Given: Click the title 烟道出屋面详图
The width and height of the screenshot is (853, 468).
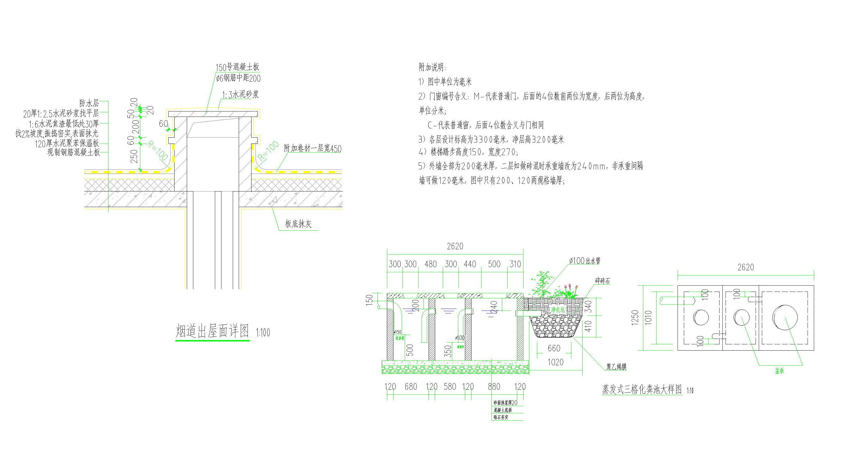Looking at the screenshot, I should click(212, 331).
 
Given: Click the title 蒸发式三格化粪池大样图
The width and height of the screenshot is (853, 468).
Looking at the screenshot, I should click(642, 389).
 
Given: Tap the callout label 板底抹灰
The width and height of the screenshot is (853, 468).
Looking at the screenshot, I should click(298, 224).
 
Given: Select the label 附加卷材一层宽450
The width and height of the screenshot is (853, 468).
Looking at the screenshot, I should click(313, 148).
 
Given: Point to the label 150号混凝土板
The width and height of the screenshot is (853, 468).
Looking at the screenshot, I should click(237, 67).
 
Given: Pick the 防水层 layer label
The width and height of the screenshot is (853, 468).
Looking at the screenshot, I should click(89, 103).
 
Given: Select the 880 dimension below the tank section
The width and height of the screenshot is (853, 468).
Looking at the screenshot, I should click(494, 387).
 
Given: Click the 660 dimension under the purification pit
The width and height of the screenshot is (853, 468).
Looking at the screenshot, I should click(554, 348).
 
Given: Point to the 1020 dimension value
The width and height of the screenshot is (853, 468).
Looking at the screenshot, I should click(555, 362).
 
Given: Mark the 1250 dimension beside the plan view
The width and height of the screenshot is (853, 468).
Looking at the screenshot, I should click(635, 317).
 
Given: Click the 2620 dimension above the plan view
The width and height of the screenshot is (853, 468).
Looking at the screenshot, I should click(745, 267).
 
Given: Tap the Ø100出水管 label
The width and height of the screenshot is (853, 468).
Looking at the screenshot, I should click(585, 261).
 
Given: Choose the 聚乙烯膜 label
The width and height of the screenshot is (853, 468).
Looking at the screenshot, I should click(616, 367).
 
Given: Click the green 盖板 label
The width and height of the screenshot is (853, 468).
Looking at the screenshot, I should click(779, 371).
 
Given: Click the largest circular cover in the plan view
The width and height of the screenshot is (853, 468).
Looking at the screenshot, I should click(785, 317).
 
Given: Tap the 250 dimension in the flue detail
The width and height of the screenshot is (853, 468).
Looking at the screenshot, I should click(134, 156).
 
